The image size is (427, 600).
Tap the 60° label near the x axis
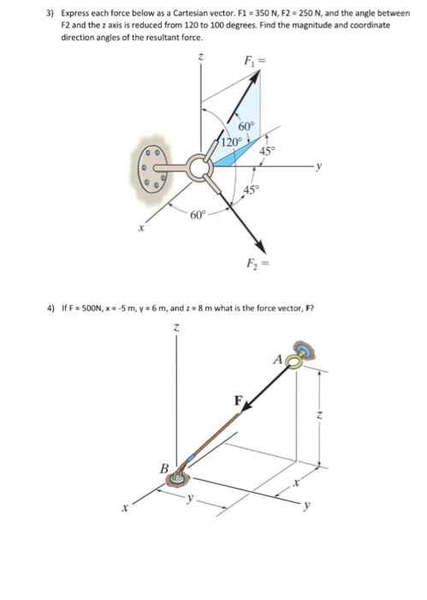pos(198,214)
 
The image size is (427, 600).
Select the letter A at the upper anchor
pos(278,360)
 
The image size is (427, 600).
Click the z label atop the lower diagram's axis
pos(176,327)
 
